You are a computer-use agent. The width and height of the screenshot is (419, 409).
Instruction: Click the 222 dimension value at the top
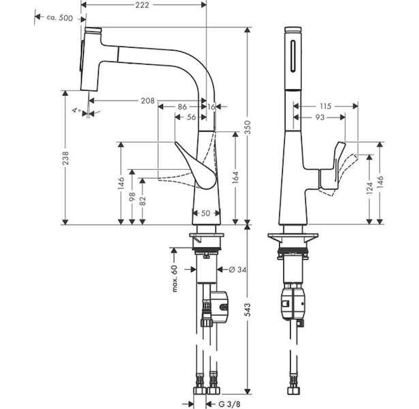point(142,5)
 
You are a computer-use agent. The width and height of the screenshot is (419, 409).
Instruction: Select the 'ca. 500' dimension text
point(59,18)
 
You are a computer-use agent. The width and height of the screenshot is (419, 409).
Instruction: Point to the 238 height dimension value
point(65,157)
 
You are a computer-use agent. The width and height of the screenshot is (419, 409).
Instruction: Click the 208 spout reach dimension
point(148,101)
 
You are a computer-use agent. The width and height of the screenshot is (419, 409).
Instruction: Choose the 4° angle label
point(77,110)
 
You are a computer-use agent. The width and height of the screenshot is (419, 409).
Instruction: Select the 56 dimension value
point(191,117)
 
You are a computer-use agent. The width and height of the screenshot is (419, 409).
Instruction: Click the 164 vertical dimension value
point(236,177)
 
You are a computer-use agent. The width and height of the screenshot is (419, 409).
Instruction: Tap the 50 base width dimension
point(206,213)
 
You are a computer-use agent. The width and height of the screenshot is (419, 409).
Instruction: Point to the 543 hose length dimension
point(248,310)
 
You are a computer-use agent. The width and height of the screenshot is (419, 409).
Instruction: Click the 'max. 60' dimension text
point(175,278)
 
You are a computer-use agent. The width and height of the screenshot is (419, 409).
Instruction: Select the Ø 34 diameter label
point(238,270)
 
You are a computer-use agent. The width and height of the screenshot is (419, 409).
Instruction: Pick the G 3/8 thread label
point(230,404)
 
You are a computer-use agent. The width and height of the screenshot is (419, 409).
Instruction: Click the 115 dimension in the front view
point(326,106)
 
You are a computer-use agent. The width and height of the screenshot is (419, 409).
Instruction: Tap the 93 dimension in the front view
point(320,117)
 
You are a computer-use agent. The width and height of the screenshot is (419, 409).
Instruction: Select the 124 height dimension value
point(369,188)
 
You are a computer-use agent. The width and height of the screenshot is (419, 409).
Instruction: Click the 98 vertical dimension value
point(132,197)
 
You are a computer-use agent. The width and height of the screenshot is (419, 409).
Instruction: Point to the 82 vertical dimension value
point(143,201)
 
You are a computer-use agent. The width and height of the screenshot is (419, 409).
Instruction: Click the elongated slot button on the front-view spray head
point(294,56)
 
